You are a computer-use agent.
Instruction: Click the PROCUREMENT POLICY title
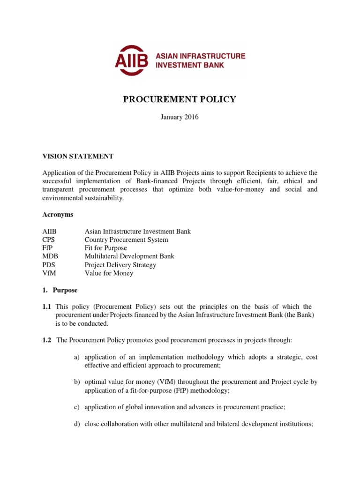180,99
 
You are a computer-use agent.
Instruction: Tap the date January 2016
180,117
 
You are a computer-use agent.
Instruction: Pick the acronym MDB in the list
49,256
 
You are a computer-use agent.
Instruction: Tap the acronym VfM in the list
48,273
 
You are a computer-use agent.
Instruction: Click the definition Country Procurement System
126,240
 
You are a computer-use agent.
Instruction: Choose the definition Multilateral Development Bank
129,256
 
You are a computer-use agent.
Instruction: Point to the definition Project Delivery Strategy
120,265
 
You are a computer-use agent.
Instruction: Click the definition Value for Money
109,273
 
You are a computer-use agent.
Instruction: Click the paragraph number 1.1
46,307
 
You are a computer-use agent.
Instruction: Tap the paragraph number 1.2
46,340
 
